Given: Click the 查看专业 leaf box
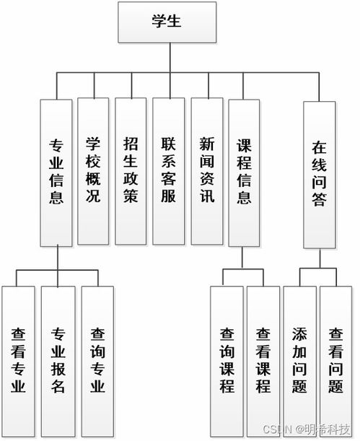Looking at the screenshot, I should [x=19, y=360].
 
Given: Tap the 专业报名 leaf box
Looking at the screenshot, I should [x=58, y=360].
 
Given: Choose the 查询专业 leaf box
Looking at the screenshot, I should [x=97, y=360].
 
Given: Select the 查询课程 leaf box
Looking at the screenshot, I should [x=227, y=360].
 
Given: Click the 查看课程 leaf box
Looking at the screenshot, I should [x=263, y=360].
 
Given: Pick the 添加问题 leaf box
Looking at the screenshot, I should [x=299, y=360].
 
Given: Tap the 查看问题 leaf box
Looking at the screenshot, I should [x=335, y=360].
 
